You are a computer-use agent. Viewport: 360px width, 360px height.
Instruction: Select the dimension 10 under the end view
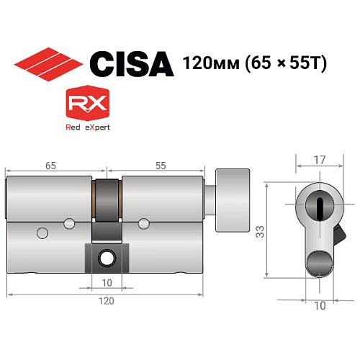[x=320, y=305]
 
